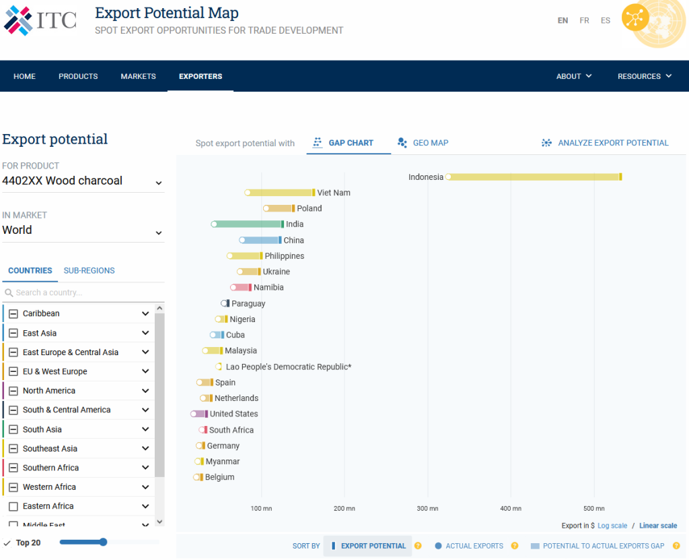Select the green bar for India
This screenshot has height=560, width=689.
point(248,224)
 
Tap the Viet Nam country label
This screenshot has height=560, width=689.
point(334,193)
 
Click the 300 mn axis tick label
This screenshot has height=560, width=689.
point(427,509)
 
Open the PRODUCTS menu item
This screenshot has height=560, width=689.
point(78,76)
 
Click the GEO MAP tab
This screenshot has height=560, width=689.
point(430,143)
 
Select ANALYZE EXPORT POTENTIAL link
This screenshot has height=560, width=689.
point(613,143)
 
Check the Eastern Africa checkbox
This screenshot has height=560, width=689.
point(13,506)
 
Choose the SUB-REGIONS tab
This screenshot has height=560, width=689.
point(89,271)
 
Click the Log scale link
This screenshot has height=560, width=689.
point(612,526)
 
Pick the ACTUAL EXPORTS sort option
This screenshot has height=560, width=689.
point(474,546)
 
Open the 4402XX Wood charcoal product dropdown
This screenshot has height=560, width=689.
point(83,181)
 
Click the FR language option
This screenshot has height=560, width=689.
point(584,21)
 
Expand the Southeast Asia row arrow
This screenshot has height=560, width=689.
point(145,449)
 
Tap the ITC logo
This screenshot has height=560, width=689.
point(40,20)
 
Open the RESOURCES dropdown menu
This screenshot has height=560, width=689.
point(644,76)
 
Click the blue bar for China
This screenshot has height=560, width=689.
point(261,241)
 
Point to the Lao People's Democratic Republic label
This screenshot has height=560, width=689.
point(289,367)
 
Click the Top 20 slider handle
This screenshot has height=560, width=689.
point(103,542)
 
